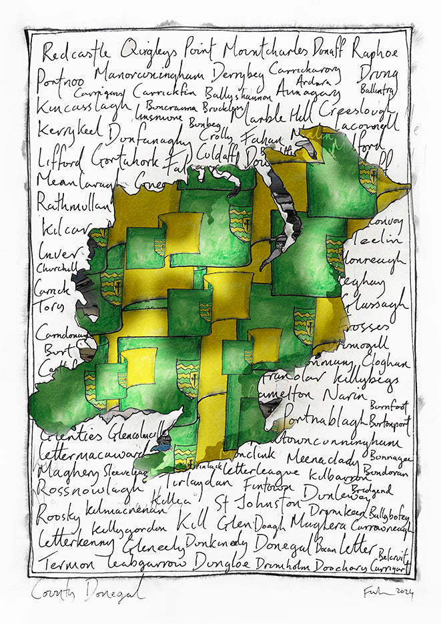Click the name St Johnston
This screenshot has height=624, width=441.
(x=258, y=501)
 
